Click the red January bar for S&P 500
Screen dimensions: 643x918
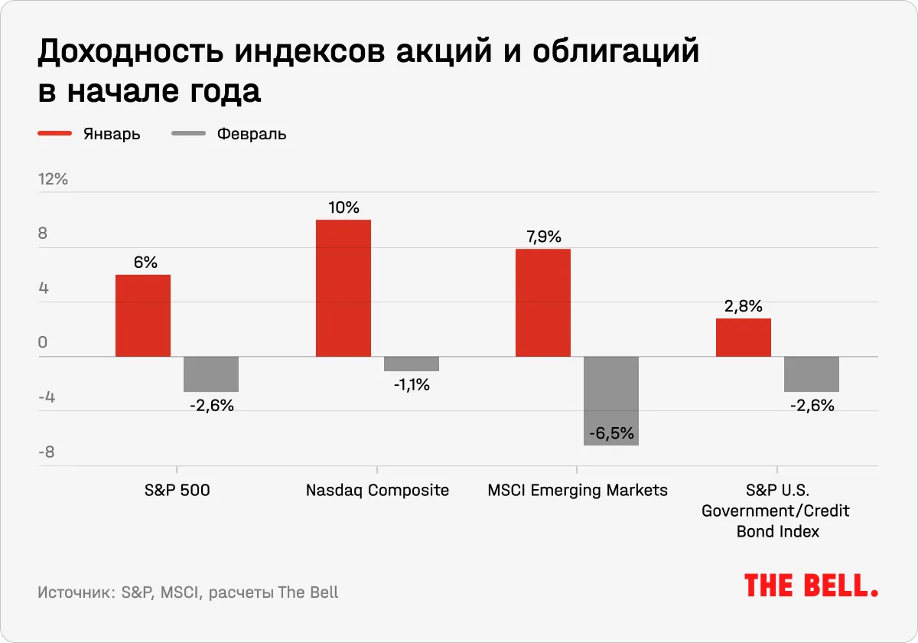click(143, 315)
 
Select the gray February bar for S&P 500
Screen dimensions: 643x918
click(211, 374)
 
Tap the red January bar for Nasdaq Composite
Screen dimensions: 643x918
click(343, 288)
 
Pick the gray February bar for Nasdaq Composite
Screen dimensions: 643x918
click(412, 364)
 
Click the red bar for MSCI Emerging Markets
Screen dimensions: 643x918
click(543, 302)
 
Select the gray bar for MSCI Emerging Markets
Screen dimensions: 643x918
click(611, 400)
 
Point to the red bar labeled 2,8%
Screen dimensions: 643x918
click(744, 338)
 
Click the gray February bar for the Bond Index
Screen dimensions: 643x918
click(812, 374)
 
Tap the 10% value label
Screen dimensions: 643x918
click(343, 207)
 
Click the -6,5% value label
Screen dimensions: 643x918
click(611, 434)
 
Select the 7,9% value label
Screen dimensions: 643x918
click(543, 237)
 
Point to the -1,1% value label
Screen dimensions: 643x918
click(412, 385)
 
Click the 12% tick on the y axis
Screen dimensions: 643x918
click(54, 180)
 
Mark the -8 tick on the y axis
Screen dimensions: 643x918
click(47, 452)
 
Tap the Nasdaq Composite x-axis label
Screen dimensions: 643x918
click(377, 490)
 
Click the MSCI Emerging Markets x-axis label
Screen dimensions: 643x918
click(578, 490)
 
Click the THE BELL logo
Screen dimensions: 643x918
click(811, 586)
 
